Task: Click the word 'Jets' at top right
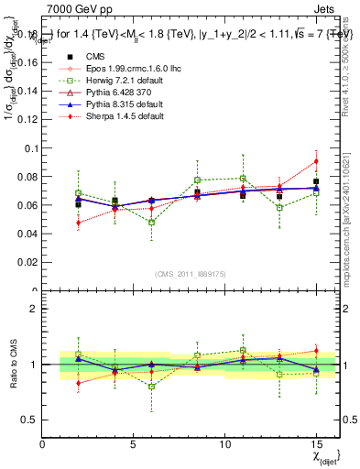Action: (326, 7)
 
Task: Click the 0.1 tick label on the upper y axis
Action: (30, 148)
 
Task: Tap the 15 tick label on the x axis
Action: (316, 445)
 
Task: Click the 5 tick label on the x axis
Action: (134, 445)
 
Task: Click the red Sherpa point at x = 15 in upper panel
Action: (316, 161)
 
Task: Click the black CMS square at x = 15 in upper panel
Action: (316, 181)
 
